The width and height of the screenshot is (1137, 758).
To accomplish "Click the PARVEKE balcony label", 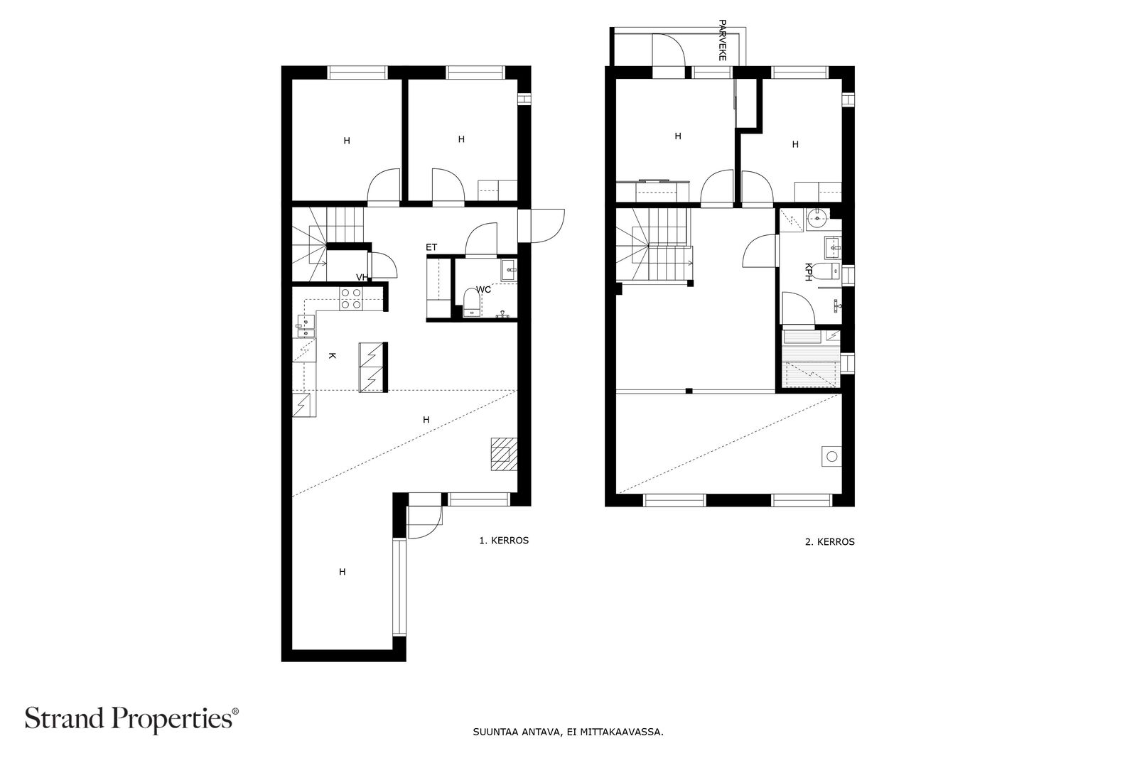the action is click(722, 40).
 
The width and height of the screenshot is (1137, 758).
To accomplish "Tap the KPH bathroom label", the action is click(808, 271).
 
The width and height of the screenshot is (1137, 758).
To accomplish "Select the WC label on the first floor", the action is click(483, 290).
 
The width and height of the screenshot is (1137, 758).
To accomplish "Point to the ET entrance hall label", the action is click(431, 248).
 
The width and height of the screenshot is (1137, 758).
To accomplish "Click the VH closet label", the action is click(362, 277).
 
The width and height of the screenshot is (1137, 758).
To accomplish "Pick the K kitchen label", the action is click(332, 356).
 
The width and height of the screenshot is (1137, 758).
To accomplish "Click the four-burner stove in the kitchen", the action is click(351, 298).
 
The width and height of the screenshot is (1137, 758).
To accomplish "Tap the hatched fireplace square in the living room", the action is click(504, 454).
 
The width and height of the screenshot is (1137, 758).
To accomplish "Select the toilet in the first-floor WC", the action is click(472, 303).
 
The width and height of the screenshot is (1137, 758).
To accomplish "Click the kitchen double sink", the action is click(306, 326).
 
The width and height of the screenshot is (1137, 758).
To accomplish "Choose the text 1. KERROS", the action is click(504, 541).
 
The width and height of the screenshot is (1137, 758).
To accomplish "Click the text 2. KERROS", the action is click(830, 541).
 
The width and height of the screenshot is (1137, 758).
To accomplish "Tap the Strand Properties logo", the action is click(131, 718).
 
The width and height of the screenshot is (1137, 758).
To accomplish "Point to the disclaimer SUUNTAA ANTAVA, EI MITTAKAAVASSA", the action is click(568, 732).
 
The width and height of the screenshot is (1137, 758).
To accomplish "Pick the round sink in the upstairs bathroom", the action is click(817, 219).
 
